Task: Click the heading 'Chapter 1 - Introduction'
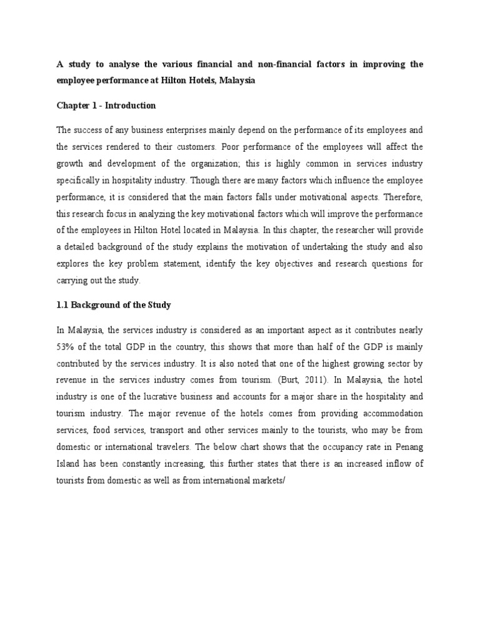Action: click(x=106, y=105)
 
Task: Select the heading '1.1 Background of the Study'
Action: click(x=113, y=305)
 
